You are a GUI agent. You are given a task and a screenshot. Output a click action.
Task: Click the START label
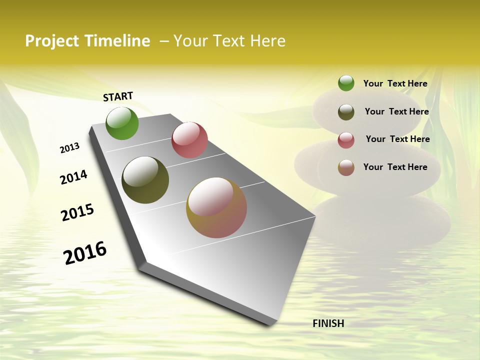click(x=118, y=96)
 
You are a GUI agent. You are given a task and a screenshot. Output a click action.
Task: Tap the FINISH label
click(x=328, y=323)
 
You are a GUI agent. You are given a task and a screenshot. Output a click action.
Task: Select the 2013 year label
click(x=69, y=148)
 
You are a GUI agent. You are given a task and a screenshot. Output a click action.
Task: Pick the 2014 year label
click(x=73, y=177)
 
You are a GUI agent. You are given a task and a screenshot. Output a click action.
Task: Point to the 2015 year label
click(x=77, y=212)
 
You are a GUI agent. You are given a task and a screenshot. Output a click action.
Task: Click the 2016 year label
click(x=85, y=253)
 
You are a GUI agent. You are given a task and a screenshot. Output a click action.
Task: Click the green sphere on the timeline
click(x=122, y=123)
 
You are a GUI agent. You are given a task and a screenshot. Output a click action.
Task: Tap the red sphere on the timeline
click(x=189, y=140)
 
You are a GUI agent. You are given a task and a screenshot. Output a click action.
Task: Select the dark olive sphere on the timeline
click(x=145, y=180)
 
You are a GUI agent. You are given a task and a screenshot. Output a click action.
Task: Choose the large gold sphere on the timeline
click(x=216, y=207)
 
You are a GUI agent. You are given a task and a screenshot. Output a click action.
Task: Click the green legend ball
click(x=346, y=83)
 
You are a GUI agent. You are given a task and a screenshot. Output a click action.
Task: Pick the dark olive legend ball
click(x=346, y=112)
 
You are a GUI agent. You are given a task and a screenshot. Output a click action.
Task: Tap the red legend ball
click(x=346, y=140)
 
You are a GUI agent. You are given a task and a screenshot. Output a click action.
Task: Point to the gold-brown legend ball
click(x=346, y=167)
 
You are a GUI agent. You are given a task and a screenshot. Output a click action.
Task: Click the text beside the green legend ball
click(x=395, y=83)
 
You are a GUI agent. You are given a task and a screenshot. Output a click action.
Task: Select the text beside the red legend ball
click(x=397, y=139)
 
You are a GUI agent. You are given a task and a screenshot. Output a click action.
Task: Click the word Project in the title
click(x=52, y=41)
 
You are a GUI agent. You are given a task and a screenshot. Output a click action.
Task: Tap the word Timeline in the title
click(x=117, y=41)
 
